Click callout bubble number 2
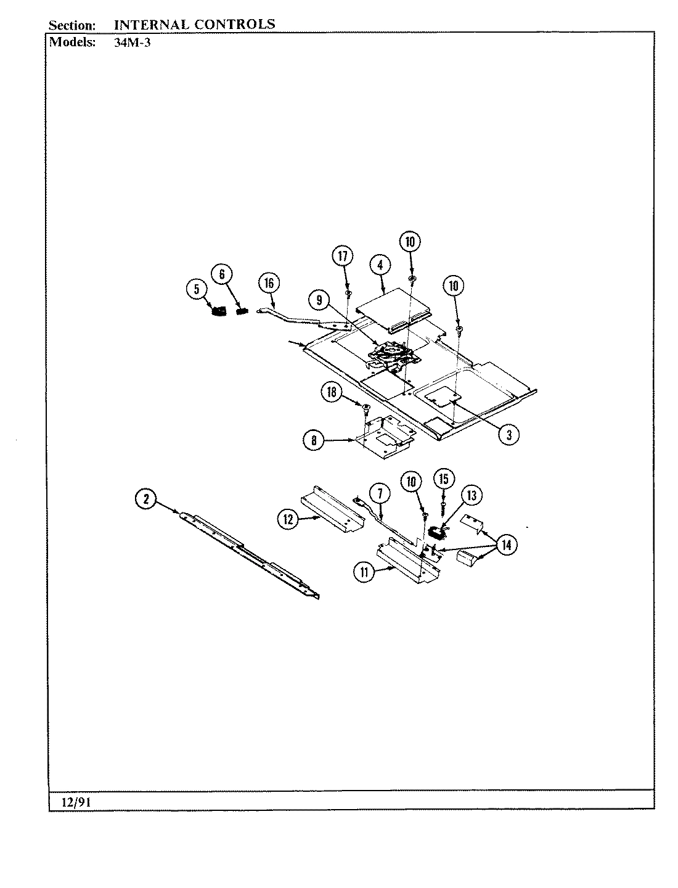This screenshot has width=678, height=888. click(x=146, y=499)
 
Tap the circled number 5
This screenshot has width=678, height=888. click(x=197, y=289)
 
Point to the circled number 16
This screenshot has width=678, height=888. click(x=269, y=283)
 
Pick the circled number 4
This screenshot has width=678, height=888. click(x=380, y=265)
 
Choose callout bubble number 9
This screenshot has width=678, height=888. click(x=319, y=300)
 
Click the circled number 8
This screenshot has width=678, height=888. click(x=314, y=440)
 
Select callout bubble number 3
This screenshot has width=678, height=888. click(x=508, y=434)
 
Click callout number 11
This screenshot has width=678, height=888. click(x=364, y=572)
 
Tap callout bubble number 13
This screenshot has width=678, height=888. click(x=472, y=495)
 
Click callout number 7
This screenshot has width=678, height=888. click(x=380, y=493)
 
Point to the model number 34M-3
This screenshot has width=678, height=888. click(x=133, y=43)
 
